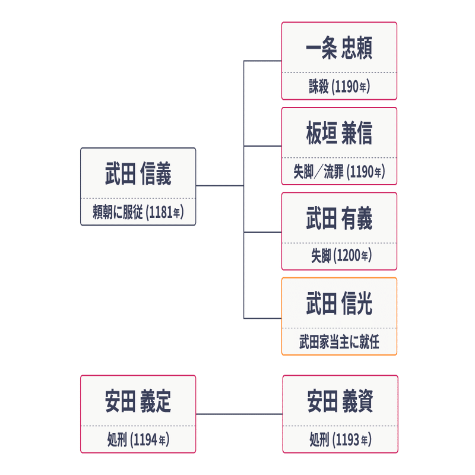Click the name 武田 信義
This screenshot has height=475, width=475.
(138, 175)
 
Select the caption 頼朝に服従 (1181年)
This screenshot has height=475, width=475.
(138, 213)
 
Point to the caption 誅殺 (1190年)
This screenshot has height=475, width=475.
(339, 87)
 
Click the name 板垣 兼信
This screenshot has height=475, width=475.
(339, 134)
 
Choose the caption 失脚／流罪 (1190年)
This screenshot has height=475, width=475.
(339, 172)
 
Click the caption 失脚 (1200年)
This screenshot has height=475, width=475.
(339, 257)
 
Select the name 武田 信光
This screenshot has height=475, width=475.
(339, 305)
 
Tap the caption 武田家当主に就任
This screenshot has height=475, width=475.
(339, 343)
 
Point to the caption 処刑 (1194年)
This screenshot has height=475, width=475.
(138, 440)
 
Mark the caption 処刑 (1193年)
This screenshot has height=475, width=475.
(340, 440)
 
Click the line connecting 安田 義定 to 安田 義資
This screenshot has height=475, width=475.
(239, 414)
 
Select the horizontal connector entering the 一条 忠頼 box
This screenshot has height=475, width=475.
(262, 61)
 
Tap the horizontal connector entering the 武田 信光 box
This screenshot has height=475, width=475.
(262, 318)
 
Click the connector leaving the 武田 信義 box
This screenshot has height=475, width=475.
(220, 186)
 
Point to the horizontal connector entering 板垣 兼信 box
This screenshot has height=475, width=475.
(262, 146)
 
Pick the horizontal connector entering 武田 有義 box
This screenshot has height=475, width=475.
(262, 232)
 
